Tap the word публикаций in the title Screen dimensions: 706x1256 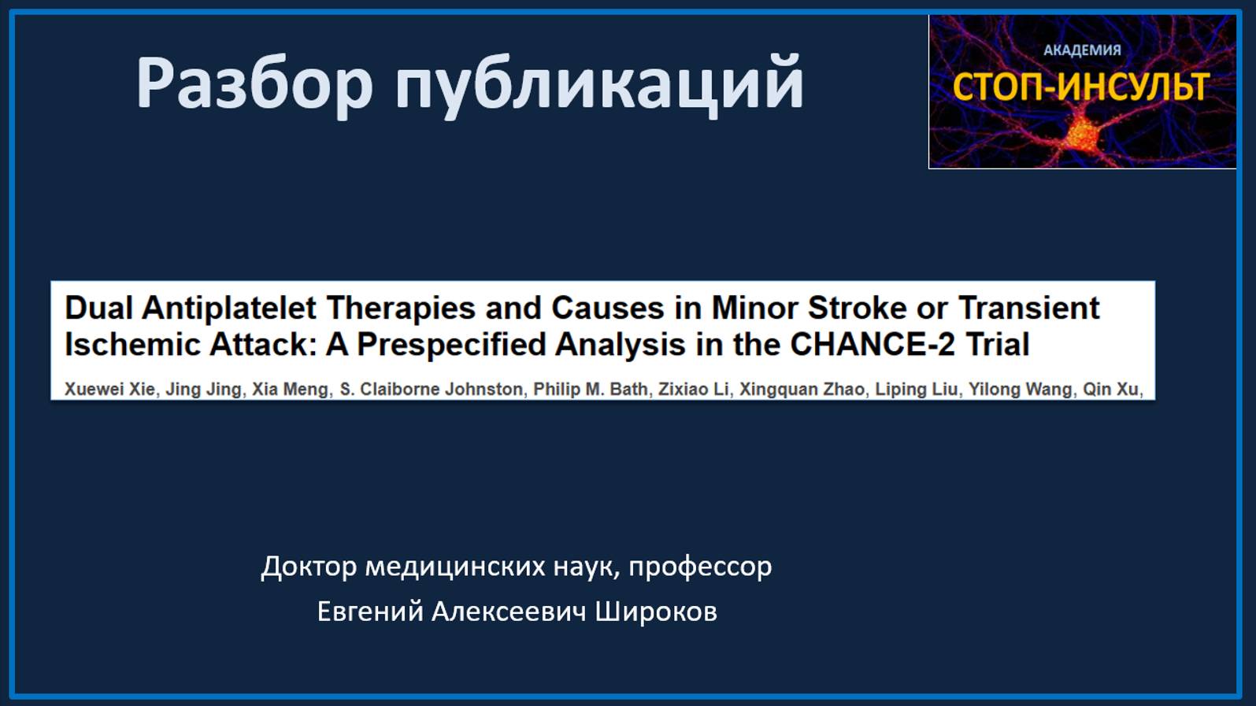(x=598, y=83)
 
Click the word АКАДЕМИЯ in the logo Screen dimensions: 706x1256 (x=1082, y=50)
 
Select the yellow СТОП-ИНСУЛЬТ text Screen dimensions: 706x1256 (x=1080, y=87)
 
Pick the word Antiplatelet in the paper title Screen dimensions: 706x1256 (x=229, y=308)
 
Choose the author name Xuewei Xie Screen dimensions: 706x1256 (x=109, y=389)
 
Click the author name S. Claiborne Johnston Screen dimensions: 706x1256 (x=431, y=389)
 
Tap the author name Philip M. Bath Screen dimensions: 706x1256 (x=591, y=389)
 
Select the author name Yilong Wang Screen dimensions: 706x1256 (x=1020, y=389)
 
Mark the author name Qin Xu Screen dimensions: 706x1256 (x=1110, y=389)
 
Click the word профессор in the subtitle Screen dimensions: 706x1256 (x=699, y=567)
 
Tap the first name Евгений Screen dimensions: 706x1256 (x=369, y=612)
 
